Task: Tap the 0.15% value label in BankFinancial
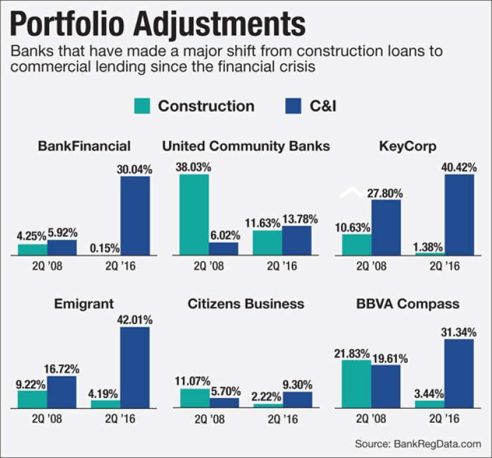coord(104,248)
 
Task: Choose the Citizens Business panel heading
coord(246,304)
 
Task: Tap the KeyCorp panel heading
coord(408,146)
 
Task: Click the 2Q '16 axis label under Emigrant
coord(122,420)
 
